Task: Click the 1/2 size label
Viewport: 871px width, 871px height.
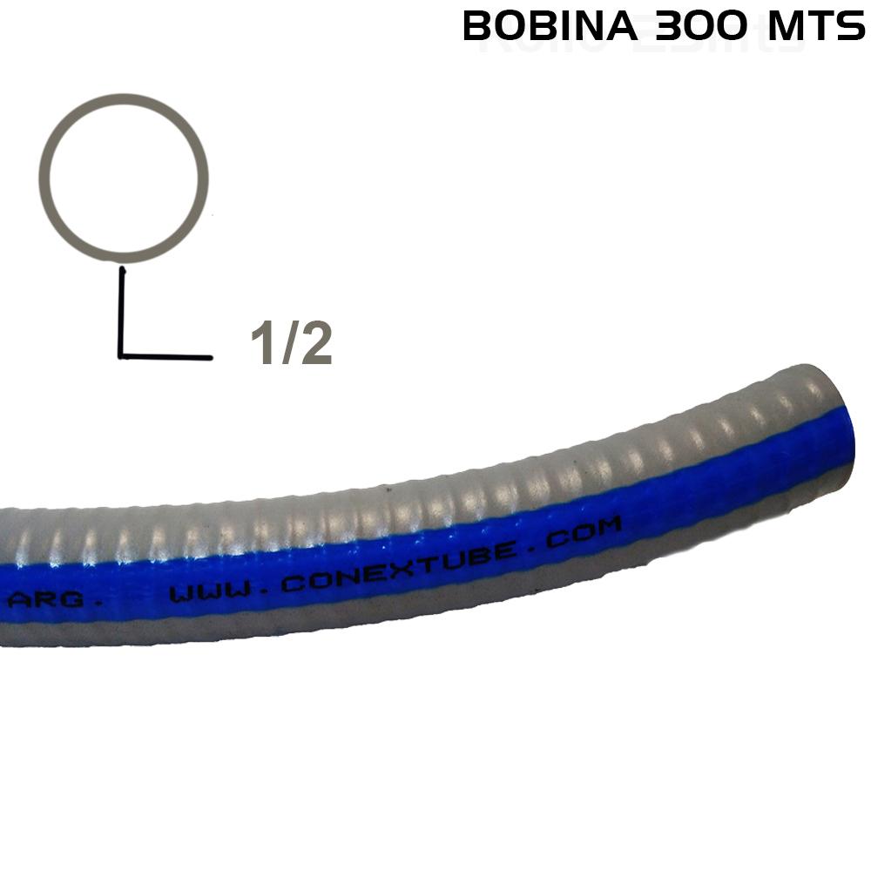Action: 291,344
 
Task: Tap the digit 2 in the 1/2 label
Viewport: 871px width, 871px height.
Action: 316,344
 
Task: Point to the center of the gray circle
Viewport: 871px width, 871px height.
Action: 128,178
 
